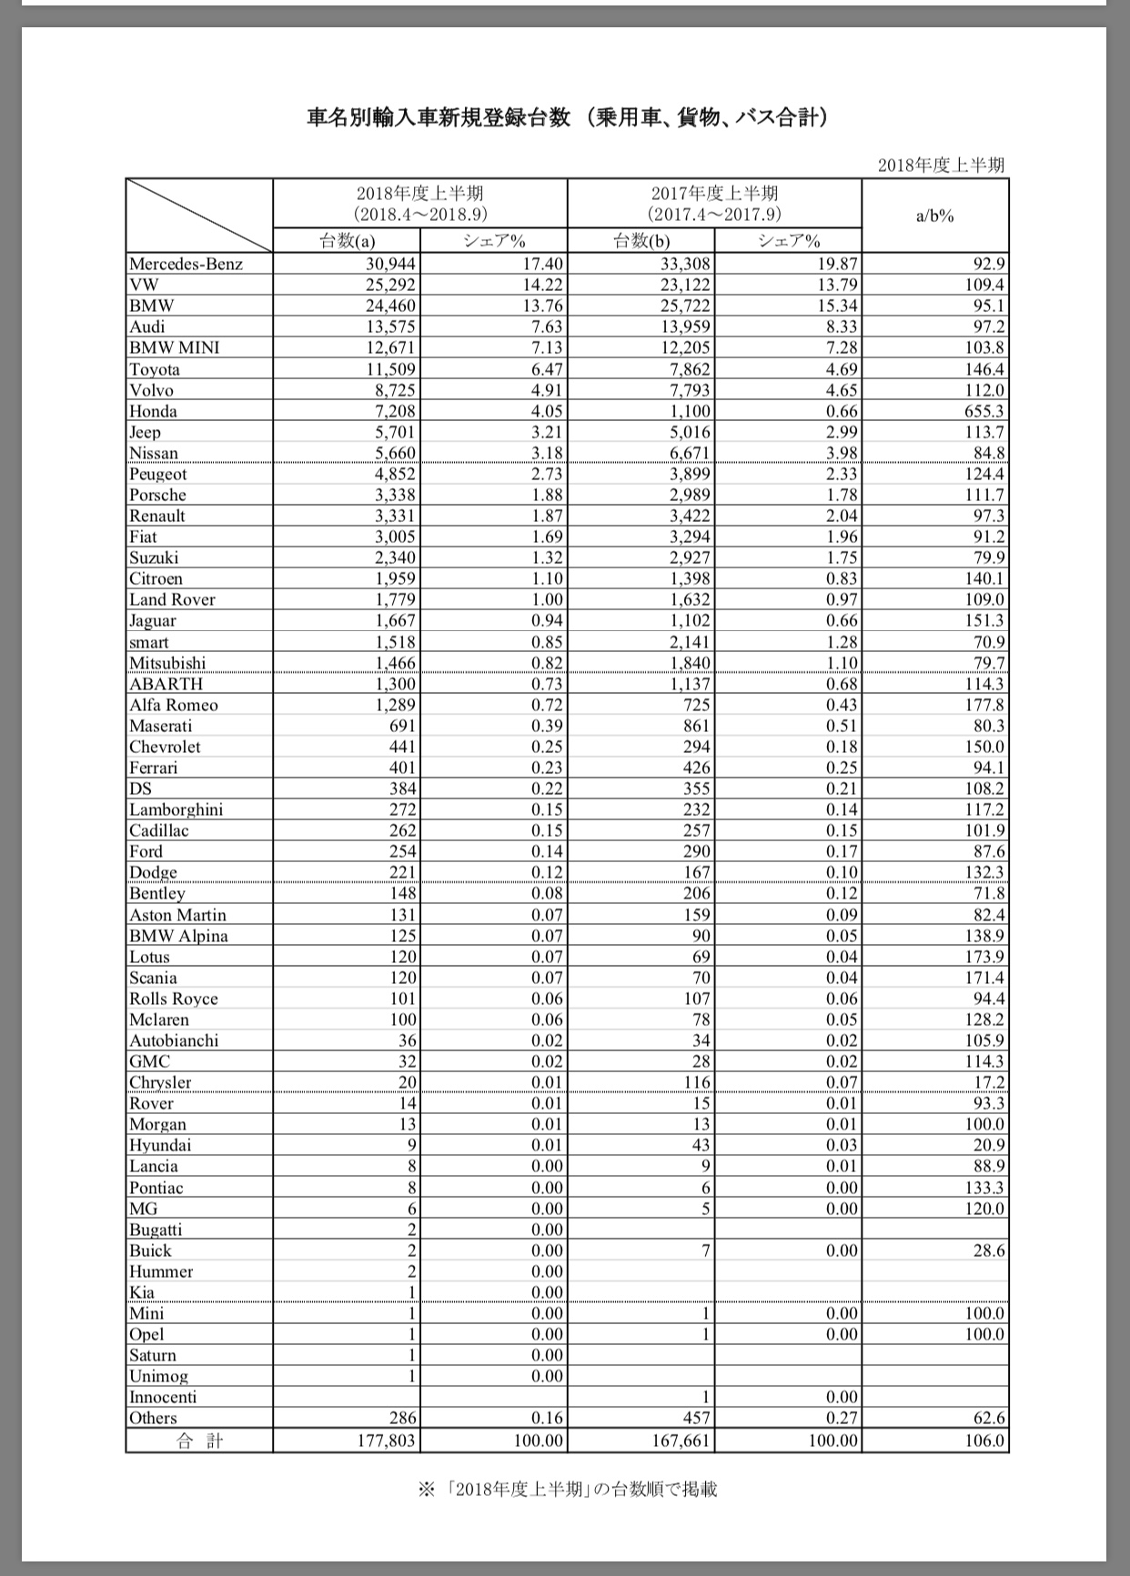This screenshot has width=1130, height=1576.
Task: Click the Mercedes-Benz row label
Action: [x=186, y=265]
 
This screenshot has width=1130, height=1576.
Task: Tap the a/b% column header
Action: [x=935, y=216]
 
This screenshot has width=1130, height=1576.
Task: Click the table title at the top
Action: [x=567, y=118]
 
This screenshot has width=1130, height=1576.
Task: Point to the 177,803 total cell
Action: [x=388, y=1441]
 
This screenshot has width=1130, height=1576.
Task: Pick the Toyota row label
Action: [x=155, y=369]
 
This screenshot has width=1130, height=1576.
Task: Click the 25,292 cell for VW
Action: [x=388, y=286]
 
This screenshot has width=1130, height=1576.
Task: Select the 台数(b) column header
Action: [x=641, y=241]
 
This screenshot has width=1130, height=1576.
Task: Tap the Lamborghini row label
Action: [x=176, y=809]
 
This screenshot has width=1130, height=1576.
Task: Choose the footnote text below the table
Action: [x=567, y=1490]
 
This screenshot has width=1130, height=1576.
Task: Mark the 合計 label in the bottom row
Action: [x=199, y=1441]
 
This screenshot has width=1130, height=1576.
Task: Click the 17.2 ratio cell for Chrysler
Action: [x=988, y=1082]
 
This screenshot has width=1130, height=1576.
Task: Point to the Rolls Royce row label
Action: [x=174, y=999]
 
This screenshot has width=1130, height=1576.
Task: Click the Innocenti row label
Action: [x=163, y=1397]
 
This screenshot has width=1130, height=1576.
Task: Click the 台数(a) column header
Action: [x=347, y=241]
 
